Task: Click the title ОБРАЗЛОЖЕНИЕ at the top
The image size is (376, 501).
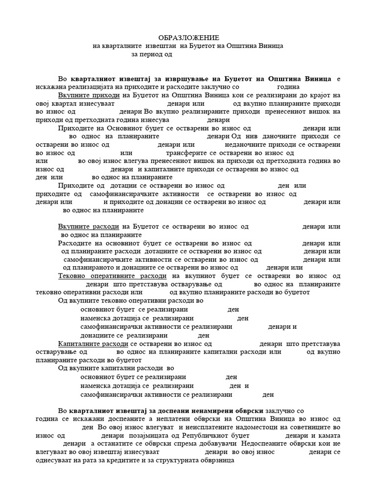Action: tap(188, 38)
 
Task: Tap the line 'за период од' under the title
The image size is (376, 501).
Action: tap(152, 54)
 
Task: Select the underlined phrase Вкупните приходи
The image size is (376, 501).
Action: tap(89, 95)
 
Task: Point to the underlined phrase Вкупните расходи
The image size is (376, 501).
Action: tap(89, 227)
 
